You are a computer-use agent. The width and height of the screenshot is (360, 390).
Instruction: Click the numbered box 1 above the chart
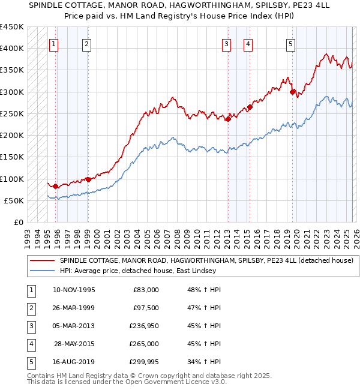pyautogui.click(x=55, y=43)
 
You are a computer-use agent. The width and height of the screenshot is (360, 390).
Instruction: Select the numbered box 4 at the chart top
pyautogui.click(x=248, y=43)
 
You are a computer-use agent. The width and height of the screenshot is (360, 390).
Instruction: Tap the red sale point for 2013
pyautogui.click(x=228, y=119)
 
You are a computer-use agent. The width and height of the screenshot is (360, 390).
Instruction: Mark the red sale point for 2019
pyautogui.click(x=292, y=92)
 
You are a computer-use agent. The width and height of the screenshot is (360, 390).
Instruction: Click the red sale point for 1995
pyautogui.click(x=56, y=186)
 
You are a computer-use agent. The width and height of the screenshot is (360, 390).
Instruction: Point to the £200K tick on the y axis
pyautogui.click(x=11, y=136)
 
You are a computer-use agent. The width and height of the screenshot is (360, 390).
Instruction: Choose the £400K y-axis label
pyautogui.click(x=11, y=49)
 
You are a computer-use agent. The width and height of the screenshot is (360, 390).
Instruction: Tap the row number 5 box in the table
pyautogui.click(x=29, y=362)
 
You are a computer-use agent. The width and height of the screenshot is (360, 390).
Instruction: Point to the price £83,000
pyautogui.click(x=146, y=290)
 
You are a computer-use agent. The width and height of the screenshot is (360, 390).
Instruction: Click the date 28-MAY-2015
pyautogui.click(x=74, y=344)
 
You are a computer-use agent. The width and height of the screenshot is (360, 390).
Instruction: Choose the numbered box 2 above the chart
pyautogui.click(x=86, y=43)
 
